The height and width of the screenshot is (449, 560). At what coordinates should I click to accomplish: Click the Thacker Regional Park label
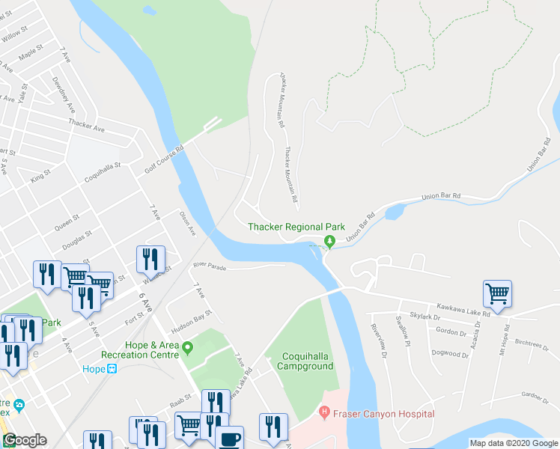[296, 227]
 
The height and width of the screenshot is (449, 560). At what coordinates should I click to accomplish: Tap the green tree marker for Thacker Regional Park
[329, 241]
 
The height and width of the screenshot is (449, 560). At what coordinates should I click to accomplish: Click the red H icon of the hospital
[324, 412]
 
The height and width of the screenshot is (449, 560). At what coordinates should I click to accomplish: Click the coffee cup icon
[230, 437]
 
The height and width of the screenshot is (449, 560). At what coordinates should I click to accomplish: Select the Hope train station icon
[112, 369]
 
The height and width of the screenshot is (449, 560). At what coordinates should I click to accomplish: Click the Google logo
[25, 440]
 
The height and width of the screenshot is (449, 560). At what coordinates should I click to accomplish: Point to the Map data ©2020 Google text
[513, 443]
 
